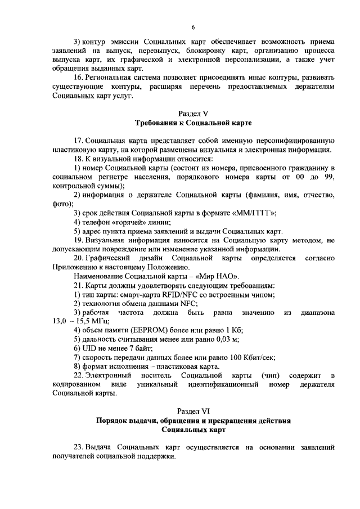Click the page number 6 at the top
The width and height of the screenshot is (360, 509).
tap(193, 26)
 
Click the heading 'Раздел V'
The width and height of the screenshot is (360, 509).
tap(193, 112)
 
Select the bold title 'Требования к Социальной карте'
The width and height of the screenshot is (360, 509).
tap(193, 123)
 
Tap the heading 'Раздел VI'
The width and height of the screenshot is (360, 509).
tap(192, 412)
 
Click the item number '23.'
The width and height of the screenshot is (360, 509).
tap(79, 448)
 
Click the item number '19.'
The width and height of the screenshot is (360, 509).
tap(79, 240)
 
